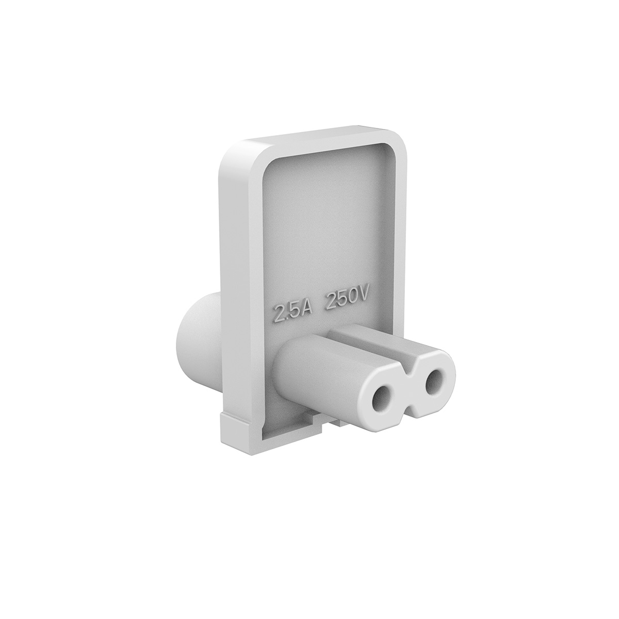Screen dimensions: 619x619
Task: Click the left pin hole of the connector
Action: (383, 399)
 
